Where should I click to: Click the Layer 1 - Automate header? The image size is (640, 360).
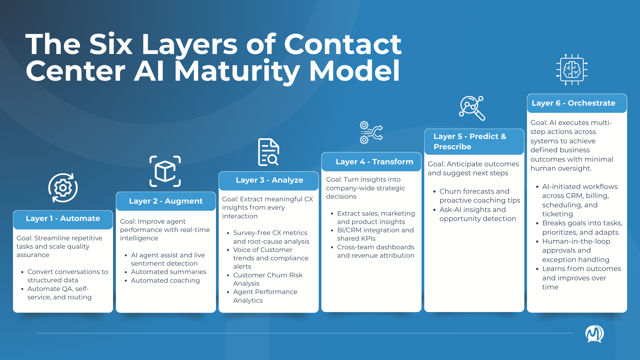tap(63, 219)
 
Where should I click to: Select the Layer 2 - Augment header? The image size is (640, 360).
tap(166, 201)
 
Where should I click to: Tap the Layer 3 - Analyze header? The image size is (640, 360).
tap(269, 180)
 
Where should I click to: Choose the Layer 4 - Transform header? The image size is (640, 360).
tap(374, 162)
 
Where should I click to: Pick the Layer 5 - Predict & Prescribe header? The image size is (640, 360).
tap(470, 142)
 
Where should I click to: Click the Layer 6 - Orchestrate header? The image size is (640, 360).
tap(573, 103)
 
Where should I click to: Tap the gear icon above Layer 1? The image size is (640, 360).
tap(63, 188)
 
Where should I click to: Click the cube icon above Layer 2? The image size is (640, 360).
tap(165, 171)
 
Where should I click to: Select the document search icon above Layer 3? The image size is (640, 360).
tap(269, 152)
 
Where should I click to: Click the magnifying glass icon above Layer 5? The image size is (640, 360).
tap(472, 108)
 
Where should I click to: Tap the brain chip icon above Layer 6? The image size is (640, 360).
tap(572, 70)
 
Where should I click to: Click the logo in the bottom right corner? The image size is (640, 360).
tap(594, 334)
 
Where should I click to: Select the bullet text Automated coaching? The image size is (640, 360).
tap(165, 281)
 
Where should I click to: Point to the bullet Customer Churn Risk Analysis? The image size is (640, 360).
tap(267, 279)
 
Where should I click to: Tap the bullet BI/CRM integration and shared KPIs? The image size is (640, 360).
tap(375, 234)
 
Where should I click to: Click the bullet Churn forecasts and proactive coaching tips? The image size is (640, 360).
tap(479, 196)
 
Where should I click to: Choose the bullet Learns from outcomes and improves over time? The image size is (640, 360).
tap(581, 278)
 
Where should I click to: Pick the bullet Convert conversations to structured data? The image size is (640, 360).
tap(68, 276)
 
